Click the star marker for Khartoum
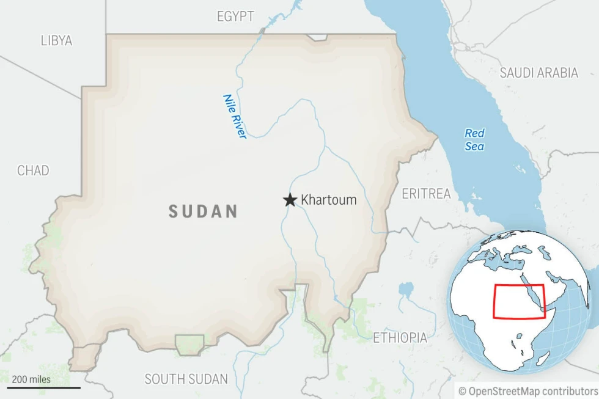[x=290, y=200]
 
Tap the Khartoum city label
[x=328, y=200]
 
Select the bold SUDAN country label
[x=203, y=212]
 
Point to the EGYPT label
[x=235, y=16]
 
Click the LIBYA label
[x=56, y=41]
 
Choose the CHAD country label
[x=33, y=170]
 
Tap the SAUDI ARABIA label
[x=538, y=73]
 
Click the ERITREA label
[x=426, y=194]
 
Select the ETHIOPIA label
[x=400, y=337]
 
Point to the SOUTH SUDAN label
[x=186, y=379]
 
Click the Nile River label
[x=235, y=116]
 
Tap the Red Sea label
[x=474, y=139]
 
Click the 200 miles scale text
[x=31, y=379]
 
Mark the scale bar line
[x=44, y=387]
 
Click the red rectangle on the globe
[x=518, y=301]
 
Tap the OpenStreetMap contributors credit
[x=529, y=390]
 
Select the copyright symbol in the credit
[x=462, y=390]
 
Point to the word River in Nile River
[x=238, y=125]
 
